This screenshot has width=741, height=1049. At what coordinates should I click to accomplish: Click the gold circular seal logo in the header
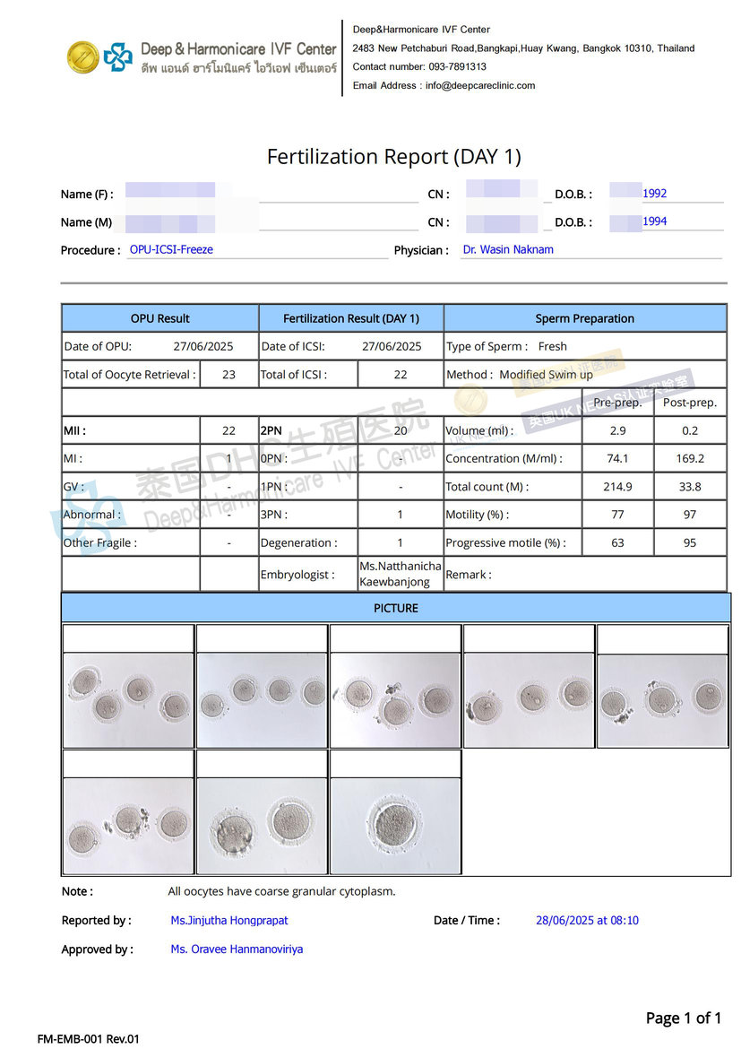point(83,57)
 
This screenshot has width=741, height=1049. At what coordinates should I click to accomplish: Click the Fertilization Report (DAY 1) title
point(393,157)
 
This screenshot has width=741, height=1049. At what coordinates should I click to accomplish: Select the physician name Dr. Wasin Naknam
point(508,250)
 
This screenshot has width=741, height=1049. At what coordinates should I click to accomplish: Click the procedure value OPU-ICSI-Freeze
point(171,250)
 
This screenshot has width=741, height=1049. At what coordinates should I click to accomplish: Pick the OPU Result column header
point(159,318)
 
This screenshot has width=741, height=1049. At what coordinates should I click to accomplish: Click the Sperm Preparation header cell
point(584,318)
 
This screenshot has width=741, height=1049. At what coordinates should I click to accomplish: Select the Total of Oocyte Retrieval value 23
point(228,375)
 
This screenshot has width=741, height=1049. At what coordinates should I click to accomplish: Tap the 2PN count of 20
point(400,430)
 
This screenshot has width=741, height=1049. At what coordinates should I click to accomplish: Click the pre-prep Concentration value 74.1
point(617,458)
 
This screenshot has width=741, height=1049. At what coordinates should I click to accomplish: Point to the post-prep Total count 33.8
point(690,487)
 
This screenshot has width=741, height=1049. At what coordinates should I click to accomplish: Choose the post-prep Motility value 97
point(690,515)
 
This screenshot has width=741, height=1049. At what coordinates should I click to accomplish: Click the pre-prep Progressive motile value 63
point(617,542)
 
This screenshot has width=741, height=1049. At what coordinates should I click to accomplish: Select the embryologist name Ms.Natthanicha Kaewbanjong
point(400,575)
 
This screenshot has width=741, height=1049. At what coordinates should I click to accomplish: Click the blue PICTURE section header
point(395,608)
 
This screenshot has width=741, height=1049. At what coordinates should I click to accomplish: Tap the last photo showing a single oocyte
point(395,825)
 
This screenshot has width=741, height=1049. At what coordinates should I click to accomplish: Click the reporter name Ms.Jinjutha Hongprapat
point(229,921)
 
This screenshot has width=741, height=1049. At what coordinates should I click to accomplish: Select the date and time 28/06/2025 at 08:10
point(587,921)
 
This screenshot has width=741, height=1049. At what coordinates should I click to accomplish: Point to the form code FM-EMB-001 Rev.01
point(89,1039)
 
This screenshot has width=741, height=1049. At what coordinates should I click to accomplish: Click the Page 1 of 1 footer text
point(683,1019)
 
